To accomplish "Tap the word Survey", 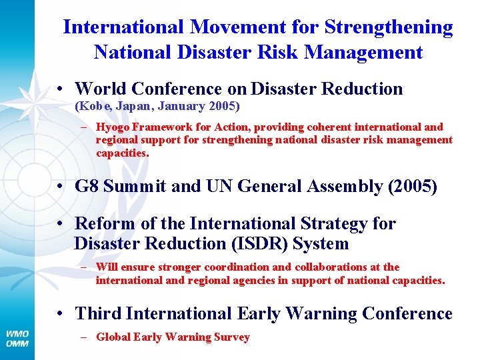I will coord(231,337).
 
